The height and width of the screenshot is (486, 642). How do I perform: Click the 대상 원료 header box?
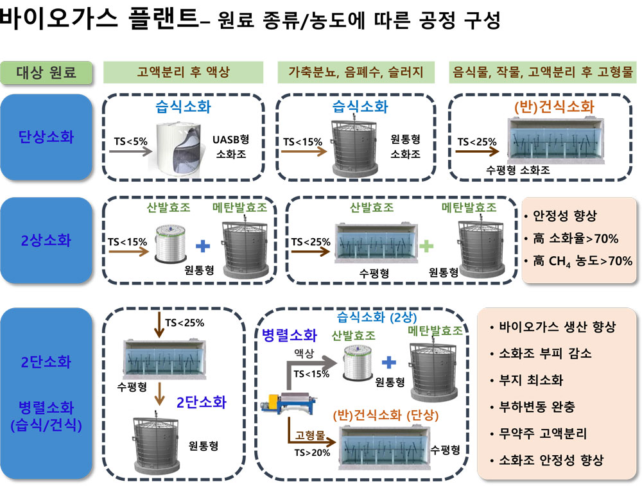[46, 73]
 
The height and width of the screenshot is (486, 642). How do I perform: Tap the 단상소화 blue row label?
[46, 137]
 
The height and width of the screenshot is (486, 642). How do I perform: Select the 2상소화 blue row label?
[46, 240]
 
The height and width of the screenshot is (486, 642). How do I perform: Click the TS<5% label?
[130, 142]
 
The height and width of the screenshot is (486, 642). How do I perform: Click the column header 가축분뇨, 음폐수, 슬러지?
[356, 73]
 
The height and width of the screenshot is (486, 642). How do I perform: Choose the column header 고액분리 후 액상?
[183, 73]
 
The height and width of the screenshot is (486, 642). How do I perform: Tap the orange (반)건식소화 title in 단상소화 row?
[554, 107]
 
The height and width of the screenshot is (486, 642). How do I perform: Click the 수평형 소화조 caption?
[518, 170]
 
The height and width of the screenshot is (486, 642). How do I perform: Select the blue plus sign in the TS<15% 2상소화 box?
[203, 246]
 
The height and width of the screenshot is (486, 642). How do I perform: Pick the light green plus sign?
[426, 246]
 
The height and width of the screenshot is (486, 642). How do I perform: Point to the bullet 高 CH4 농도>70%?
[578, 261]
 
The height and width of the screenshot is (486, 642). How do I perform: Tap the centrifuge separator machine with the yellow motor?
[289, 403]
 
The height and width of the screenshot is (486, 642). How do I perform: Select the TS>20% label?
[312, 453]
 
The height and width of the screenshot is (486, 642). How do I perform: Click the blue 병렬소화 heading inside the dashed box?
[290, 335]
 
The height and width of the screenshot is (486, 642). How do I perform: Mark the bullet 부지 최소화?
[527, 380]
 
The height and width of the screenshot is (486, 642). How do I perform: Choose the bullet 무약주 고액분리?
[539, 433]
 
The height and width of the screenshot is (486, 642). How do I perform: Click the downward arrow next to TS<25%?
[159, 324]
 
